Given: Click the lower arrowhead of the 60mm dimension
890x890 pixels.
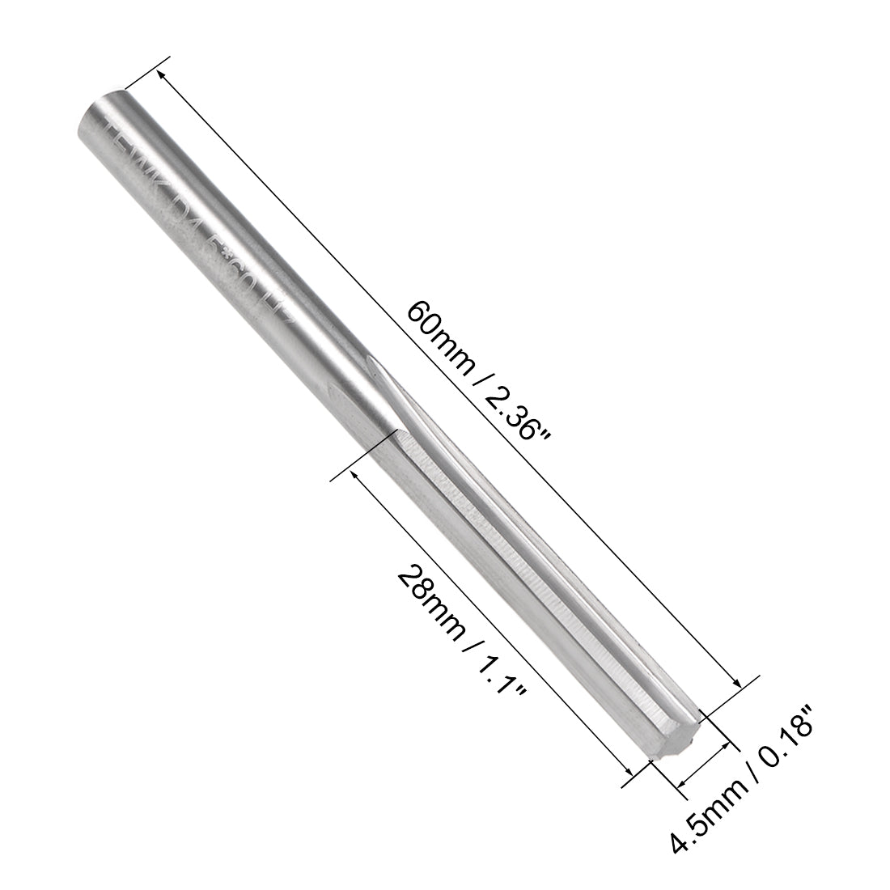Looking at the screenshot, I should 739,682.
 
